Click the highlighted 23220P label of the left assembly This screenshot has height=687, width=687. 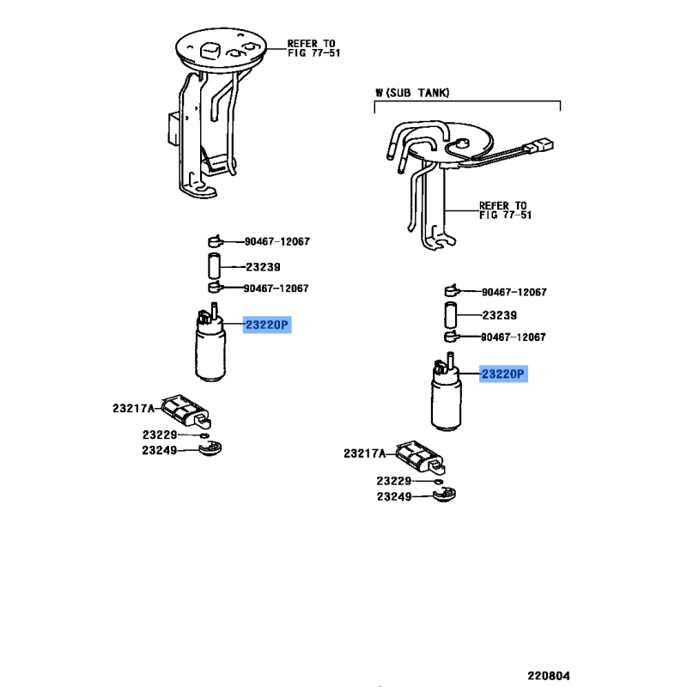[267, 325]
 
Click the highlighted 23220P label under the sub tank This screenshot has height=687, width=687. [503, 374]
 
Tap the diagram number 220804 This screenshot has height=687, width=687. [549, 676]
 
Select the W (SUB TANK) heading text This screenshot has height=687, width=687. [412, 93]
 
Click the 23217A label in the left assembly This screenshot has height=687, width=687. [134, 409]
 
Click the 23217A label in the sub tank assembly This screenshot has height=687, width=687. [364, 453]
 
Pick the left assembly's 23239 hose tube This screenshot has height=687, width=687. [213, 265]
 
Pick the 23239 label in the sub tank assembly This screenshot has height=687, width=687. [500, 315]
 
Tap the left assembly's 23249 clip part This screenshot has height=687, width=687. [210, 448]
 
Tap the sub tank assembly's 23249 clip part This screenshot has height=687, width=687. [444, 495]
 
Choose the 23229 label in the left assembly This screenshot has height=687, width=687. [160, 435]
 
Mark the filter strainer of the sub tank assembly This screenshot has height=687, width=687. [420, 458]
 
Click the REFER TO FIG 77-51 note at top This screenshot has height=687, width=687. [313, 48]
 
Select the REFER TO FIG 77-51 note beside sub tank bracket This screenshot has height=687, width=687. [505, 210]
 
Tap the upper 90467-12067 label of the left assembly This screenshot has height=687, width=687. [277, 241]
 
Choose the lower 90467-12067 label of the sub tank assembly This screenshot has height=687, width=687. [514, 337]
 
